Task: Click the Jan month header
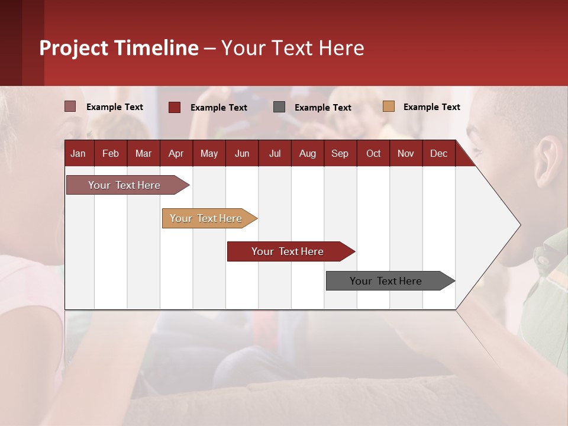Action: point(78,153)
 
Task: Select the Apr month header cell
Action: point(176,153)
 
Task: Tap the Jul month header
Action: point(275,153)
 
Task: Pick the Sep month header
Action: point(340,153)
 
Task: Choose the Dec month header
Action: point(438,153)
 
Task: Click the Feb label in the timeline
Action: point(111,153)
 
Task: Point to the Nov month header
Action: point(406,153)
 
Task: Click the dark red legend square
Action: point(175,107)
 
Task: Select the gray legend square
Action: point(279,106)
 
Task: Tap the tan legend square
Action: point(389,106)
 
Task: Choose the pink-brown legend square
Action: point(70,106)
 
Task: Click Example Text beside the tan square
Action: point(431,106)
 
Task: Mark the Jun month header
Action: point(242,153)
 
